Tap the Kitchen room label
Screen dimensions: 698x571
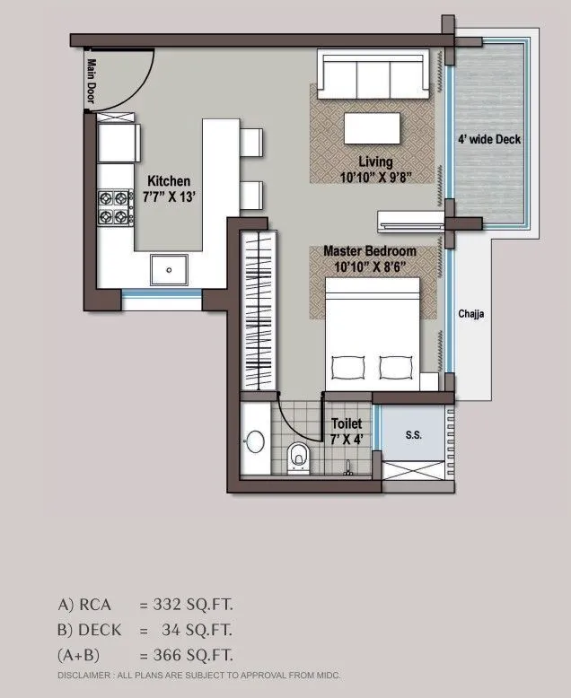click(x=169, y=187)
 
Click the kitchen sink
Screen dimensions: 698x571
click(x=168, y=267)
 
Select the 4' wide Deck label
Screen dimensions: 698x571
click(x=489, y=139)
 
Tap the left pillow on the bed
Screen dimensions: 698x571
click(x=349, y=368)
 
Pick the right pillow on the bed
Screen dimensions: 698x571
click(x=396, y=368)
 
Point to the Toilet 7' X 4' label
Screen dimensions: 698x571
click(x=347, y=431)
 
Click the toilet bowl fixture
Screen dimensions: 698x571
click(x=299, y=458)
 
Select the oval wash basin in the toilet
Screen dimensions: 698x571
click(x=254, y=444)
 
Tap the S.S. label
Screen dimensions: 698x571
click(x=413, y=435)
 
